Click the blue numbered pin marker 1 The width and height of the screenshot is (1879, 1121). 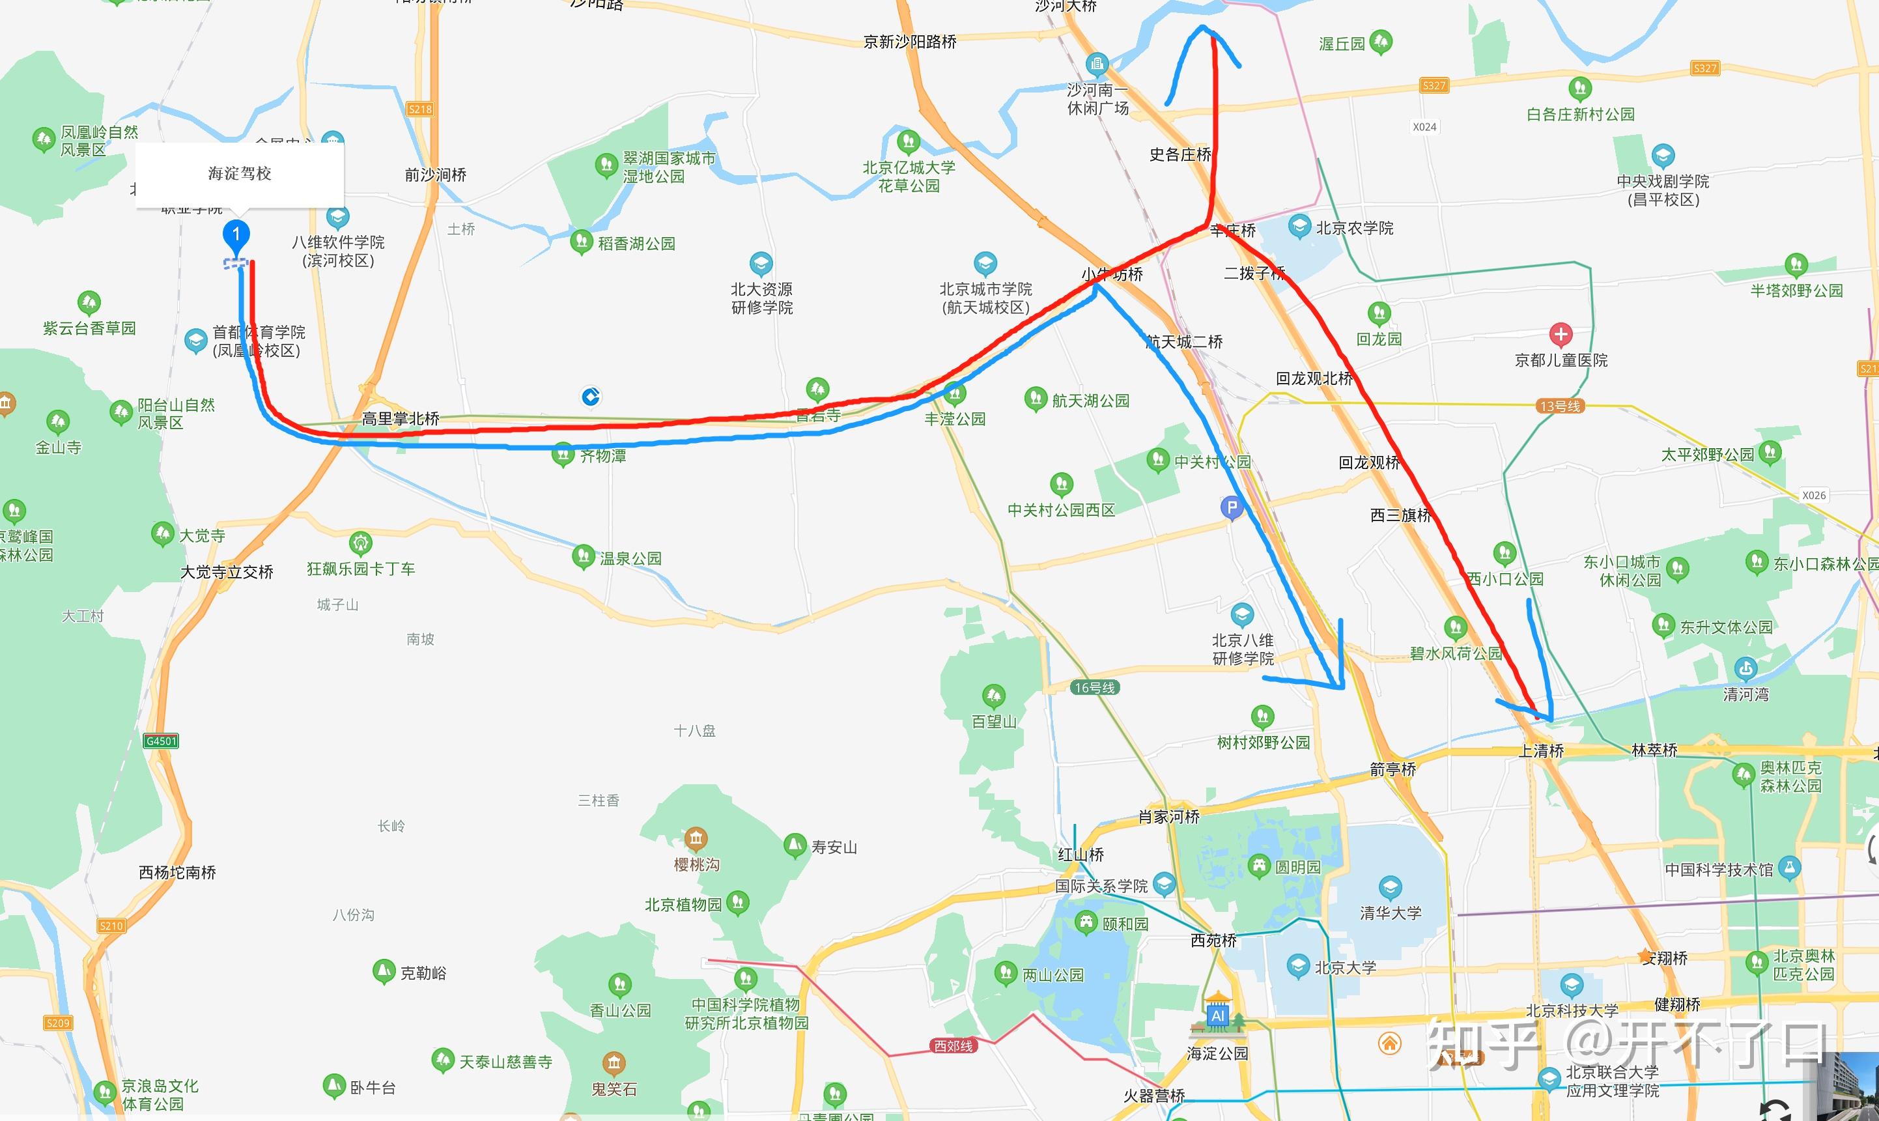pyautogui.click(x=236, y=235)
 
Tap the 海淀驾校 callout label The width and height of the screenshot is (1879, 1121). pyautogui.click(x=240, y=174)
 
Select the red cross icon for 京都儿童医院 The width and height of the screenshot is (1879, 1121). pyautogui.click(x=1561, y=334)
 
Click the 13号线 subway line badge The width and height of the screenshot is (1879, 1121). pyautogui.click(x=1560, y=406)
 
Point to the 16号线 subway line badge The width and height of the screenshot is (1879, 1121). pyautogui.click(x=1094, y=687)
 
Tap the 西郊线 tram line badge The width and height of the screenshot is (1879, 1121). pyautogui.click(x=953, y=1045)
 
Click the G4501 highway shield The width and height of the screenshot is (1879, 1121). pyautogui.click(x=161, y=741)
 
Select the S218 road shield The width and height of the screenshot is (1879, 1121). pyautogui.click(x=420, y=109)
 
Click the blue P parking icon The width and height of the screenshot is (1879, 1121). pyautogui.click(x=1232, y=507)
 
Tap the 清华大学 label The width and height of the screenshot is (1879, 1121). pyautogui.click(x=1391, y=913)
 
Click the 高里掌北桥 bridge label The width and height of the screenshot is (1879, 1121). pyautogui.click(x=401, y=418)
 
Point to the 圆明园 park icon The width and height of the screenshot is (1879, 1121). pyautogui.click(x=1259, y=866)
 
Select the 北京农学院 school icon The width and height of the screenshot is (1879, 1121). pyautogui.click(x=1299, y=226)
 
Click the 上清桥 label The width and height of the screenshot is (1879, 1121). pyautogui.click(x=1542, y=751)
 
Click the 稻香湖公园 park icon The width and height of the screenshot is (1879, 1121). pyautogui.click(x=581, y=242)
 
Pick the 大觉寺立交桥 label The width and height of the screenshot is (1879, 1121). pyautogui.click(x=227, y=572)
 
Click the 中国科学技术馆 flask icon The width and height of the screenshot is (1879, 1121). pyautogui.click(x=1789, y=868)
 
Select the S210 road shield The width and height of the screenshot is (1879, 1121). pyautogui.click(x=111, y=926)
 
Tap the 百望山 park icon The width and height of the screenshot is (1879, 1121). pyautogui.click(x=993, y=695)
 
